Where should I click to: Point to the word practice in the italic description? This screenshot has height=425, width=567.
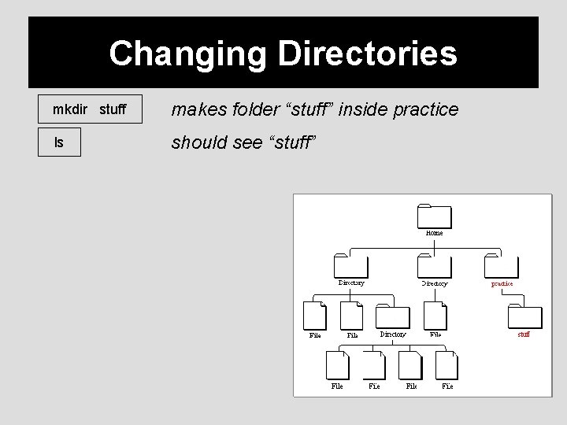coord(424,109)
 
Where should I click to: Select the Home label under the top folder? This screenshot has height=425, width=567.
coord(434,233)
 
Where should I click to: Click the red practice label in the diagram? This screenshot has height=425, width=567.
coord(502,283)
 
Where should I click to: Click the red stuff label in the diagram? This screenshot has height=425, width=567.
coord(524,334)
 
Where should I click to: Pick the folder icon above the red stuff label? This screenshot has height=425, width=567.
coord(524,316)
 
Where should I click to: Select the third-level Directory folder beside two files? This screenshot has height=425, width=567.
coord(393,316)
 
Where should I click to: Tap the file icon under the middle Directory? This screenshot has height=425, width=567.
coord(435,316)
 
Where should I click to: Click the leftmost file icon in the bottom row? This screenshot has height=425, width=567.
coord(337,365)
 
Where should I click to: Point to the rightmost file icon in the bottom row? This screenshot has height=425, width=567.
coord(447,365)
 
